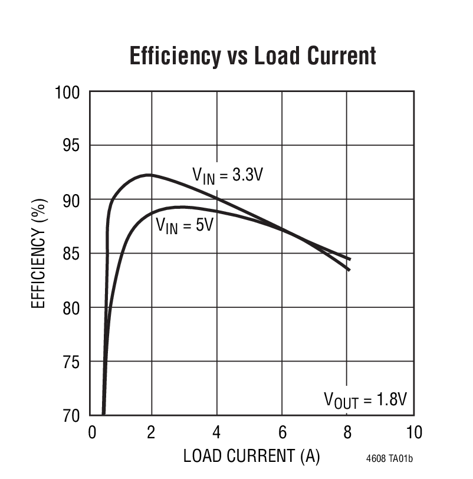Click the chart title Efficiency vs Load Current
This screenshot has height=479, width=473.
coord(252,56)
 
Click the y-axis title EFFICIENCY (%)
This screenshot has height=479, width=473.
coord(38,254)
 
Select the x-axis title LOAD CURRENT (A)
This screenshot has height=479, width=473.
coord(251,455)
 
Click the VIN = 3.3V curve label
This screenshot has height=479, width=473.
coord(226,175)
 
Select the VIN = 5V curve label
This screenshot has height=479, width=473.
coord(184,226)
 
